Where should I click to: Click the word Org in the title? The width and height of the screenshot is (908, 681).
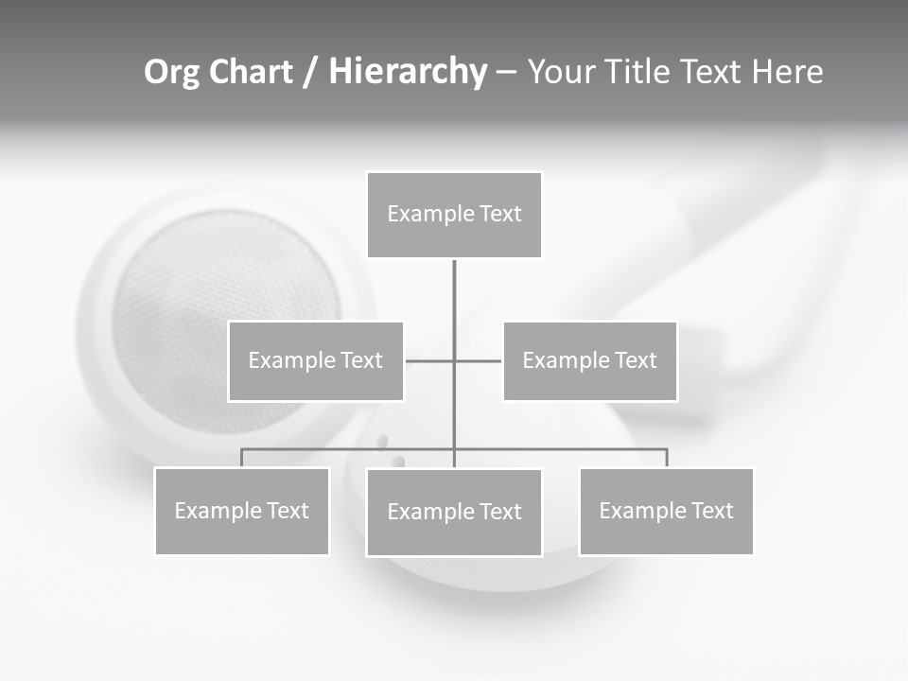pyautogui.click(x=171, y=72)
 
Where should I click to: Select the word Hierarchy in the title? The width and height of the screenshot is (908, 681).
pyautogui.click(x=408, y=72)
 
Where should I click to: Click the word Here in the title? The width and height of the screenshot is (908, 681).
pyautogui.click(x=787, y=72)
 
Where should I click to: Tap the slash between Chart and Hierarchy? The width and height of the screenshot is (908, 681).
pyautogui.click(x=310, y=73)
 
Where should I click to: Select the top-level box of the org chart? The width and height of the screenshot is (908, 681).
pyautogui.click(x=454, y=215)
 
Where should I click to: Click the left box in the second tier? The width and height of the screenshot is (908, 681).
pyautogui.click(x=316, y=361)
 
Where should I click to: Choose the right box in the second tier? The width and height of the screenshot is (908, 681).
pyautogui.click(x=589, y=361)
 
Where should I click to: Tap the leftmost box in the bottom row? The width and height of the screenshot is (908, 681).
pyautogui.click(x=242, y=512)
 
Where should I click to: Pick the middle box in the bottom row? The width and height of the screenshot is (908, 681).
pyautogui.click(x=454, y=513)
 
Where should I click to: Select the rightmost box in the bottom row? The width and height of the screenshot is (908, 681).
pyautogui.click(x=666, y=512)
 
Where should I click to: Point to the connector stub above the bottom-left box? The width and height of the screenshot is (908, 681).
pyautogui.click(x=242, y=458)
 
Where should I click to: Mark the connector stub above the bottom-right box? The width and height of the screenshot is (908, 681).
pyautogui.click(x=667, y=458)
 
